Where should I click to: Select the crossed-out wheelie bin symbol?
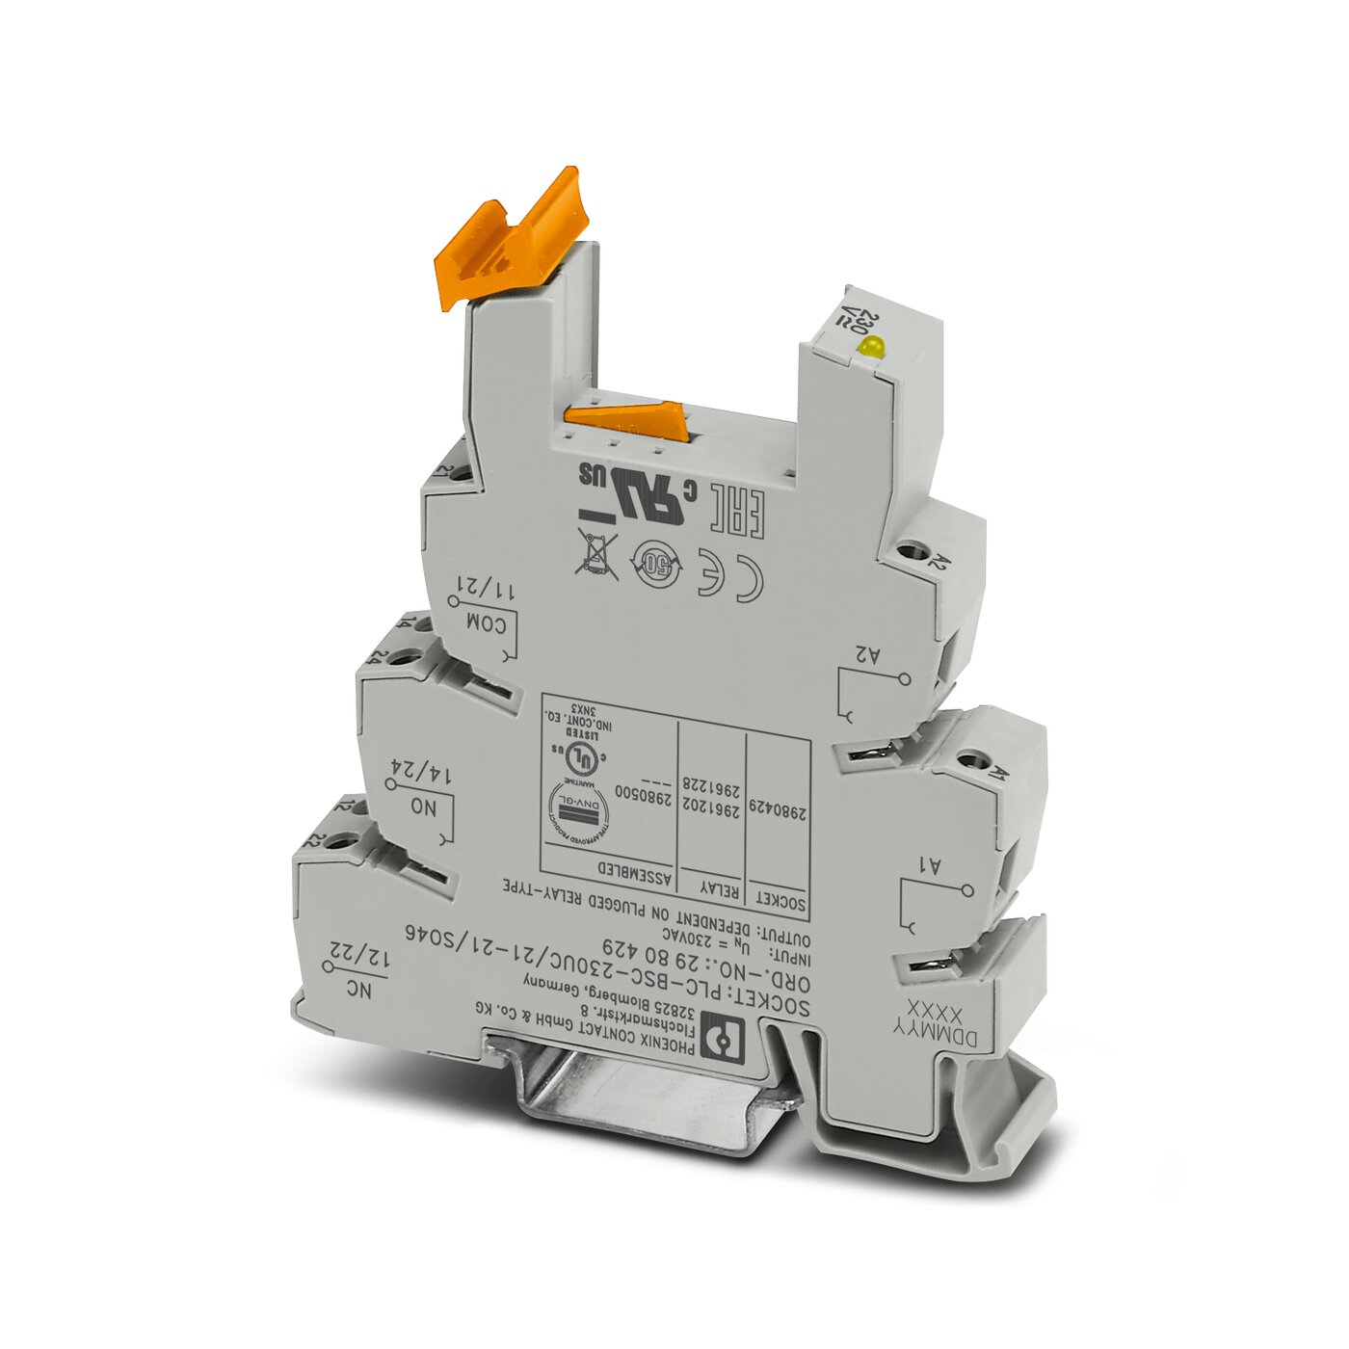coord(597,552)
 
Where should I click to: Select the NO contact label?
coord(423,807)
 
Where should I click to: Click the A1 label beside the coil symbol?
coord(933,867)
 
